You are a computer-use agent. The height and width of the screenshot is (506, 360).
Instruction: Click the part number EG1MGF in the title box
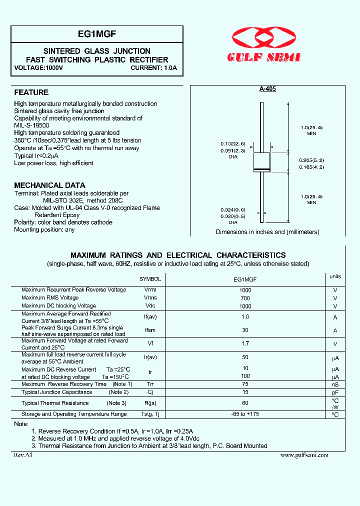97,34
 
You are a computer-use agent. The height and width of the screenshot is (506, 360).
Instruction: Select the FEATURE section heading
31,92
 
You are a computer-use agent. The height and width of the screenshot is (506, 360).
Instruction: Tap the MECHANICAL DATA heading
49,185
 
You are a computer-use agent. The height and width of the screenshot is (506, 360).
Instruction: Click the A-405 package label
267,88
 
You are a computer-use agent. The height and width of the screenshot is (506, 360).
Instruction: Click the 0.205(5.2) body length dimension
311,160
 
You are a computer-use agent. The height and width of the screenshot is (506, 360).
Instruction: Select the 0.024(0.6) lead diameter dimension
233,210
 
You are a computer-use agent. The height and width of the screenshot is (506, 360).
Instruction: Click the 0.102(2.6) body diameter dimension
233,143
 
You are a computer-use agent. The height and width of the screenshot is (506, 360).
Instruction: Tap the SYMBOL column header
150,279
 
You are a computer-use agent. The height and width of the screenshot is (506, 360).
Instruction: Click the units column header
335,276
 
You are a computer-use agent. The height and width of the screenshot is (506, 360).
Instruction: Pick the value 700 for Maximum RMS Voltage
245,298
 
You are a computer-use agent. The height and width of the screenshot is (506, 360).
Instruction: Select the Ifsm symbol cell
150,330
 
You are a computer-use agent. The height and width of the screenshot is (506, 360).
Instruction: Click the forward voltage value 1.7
245,344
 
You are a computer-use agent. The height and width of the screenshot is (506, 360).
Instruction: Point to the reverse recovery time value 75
245,384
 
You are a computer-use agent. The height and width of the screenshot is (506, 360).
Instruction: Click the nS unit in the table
335,384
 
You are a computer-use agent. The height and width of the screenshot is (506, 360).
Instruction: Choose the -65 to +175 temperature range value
245,414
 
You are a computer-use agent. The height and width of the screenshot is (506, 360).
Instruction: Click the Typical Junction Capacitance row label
56,392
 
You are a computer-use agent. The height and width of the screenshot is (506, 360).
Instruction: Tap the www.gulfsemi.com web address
304,455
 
